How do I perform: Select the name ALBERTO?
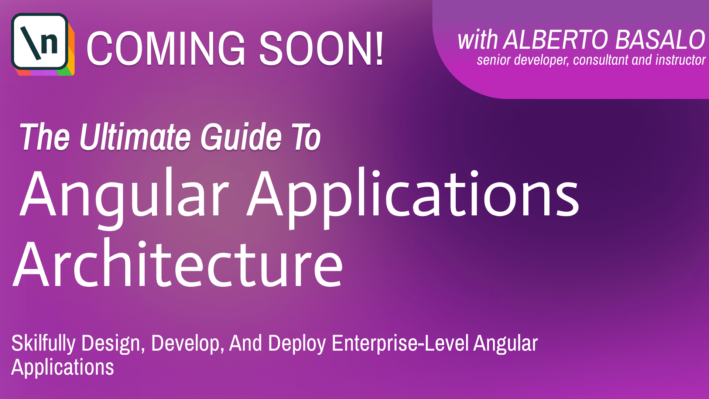point(556,40)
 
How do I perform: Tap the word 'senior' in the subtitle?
point(493,60)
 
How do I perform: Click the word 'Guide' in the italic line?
point(241,137)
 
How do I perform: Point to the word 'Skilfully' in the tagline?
point(43,343)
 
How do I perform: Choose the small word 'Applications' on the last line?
point(63,367)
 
